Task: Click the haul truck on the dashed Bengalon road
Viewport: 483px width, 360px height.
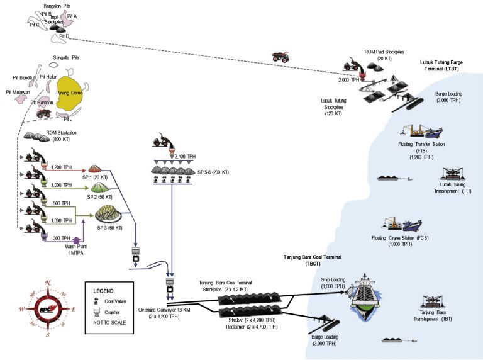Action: (280, 57)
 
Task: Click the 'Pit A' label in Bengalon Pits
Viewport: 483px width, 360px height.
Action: (71, 16)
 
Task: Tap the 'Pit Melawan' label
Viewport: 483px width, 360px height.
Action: (18, 92)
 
